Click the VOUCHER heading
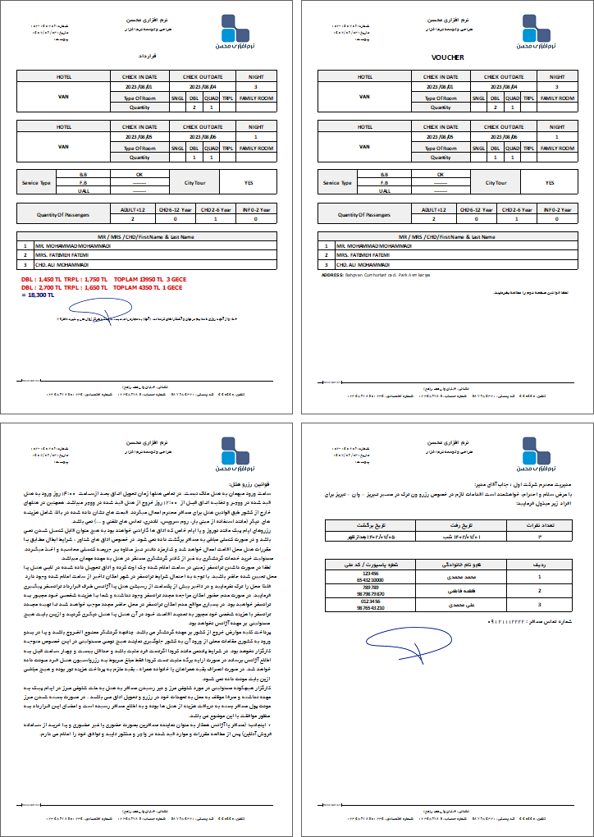[x=447, y=57]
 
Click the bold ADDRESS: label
[x=331, y=276]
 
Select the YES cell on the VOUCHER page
[x=550, y=183]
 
